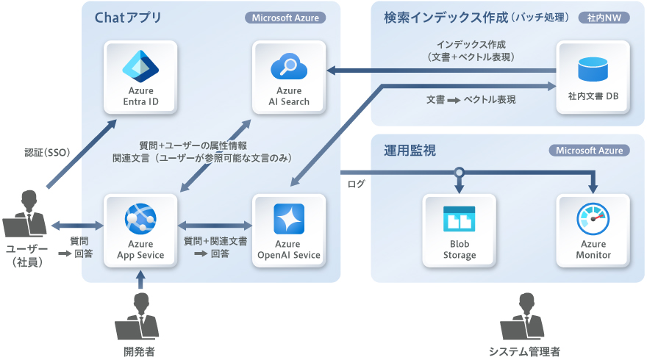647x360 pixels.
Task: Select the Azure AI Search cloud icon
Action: [289, 67]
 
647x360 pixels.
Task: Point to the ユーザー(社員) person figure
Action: [27, 214]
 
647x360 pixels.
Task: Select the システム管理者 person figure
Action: [524, 315]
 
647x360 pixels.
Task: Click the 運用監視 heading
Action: [410, 151]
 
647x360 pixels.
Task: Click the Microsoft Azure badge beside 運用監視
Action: [589, 151]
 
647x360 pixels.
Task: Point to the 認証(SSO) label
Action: [46, 153]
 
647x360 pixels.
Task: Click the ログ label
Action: [357, 184]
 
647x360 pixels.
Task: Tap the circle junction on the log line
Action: [459, 173]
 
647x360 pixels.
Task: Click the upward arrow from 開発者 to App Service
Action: [140, 278]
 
